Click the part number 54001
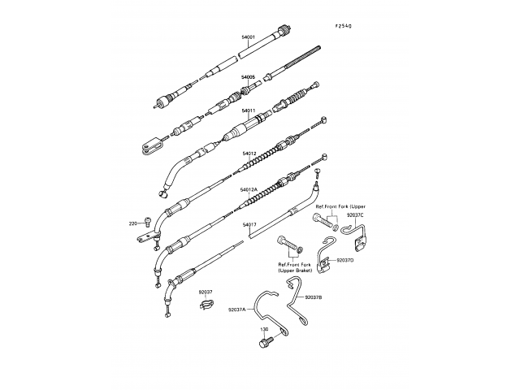coord(248,37)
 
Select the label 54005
coord(248,76)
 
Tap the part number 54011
coord(248,110)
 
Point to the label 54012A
coord(249,190)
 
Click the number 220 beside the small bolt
coord(132,223)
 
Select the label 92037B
coord(314,298)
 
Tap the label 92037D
coord(344,260)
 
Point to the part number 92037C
coord(355,216)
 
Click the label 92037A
coord(236,310)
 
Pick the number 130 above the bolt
coord(264,330)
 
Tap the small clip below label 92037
coord(205,306)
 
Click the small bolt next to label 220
coord(146,221)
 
